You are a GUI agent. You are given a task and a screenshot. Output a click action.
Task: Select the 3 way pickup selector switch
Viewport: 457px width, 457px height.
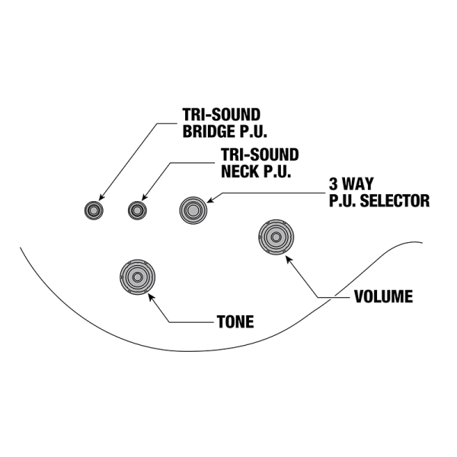point(192,209)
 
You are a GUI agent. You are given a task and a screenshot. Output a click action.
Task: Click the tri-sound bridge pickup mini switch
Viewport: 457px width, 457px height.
point(93,209)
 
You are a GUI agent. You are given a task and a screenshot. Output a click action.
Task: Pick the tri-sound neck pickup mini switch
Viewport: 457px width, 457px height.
point(137,209)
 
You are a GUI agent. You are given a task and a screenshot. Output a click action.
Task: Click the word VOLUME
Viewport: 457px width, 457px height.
point(384,297)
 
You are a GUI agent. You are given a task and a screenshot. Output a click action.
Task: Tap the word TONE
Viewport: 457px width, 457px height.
point(235,322)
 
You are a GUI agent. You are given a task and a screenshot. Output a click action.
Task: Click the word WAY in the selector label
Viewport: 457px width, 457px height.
point(358,185)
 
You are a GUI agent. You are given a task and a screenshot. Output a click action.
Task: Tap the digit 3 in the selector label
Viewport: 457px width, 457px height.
point(333,185)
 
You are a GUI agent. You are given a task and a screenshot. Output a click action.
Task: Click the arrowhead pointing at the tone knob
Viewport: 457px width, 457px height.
point(152,298)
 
